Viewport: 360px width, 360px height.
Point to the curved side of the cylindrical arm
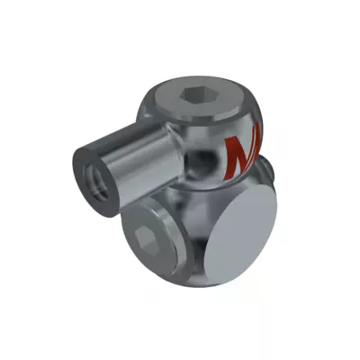click(x=135, y=162)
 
